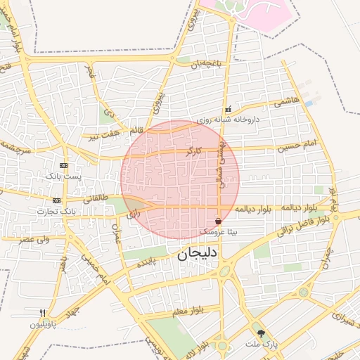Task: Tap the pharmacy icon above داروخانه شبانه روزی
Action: click(227, 110)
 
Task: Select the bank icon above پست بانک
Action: click(64, 165)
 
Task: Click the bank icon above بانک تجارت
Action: click(57, 201)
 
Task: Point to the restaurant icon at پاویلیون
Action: click(42, 314)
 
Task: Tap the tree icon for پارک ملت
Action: click(262, 333)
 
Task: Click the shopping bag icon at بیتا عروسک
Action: click(219, 221)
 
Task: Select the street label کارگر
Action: click(193, 150)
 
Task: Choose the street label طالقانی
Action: click(96, 199)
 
